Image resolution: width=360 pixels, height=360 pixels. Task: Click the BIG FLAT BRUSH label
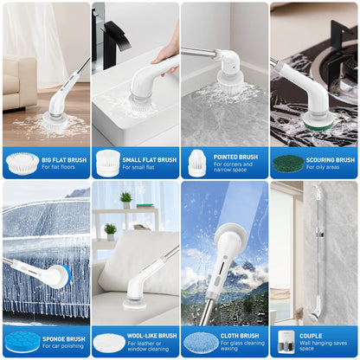64,160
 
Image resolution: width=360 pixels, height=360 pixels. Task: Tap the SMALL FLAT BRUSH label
150,160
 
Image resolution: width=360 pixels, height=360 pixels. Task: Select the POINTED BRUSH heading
235,157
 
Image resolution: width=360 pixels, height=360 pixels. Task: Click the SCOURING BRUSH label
331,160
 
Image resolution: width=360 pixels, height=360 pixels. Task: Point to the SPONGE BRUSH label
64,339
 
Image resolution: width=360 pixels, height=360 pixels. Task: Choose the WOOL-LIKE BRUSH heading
151,336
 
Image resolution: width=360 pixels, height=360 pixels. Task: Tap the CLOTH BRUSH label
240,336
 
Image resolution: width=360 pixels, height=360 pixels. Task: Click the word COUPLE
311,336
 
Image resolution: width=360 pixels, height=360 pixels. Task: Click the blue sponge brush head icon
22,342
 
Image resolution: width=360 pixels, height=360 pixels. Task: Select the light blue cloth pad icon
201,342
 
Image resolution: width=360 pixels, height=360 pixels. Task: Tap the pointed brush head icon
196,163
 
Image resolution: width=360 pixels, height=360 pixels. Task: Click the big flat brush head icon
22,164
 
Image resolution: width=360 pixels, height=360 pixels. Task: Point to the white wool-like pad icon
109,343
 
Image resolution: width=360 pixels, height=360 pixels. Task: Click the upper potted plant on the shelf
126,200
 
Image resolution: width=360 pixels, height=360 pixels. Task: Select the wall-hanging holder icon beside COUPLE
286,342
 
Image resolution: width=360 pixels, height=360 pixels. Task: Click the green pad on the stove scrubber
318,125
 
